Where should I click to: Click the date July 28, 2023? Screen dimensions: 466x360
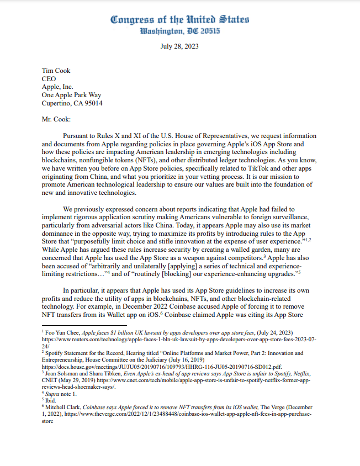click(179, 46)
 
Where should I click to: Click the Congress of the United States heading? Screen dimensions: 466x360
click(179, 19)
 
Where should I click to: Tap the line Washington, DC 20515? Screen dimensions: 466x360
click(179, 31)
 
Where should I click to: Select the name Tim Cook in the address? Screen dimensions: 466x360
click(56, 71)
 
